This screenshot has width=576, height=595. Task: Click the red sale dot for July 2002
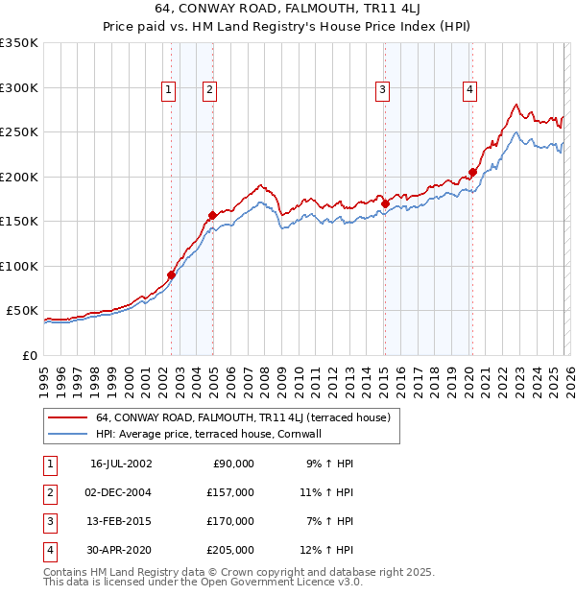[172, 274]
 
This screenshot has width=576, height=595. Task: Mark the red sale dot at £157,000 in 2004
[212, 215]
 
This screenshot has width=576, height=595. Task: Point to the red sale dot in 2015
[385, 203]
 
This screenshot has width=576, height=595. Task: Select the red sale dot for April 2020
[472, 173]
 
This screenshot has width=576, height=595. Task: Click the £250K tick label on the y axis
[19, 132]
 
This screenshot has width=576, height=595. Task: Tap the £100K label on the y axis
[19, 266]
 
